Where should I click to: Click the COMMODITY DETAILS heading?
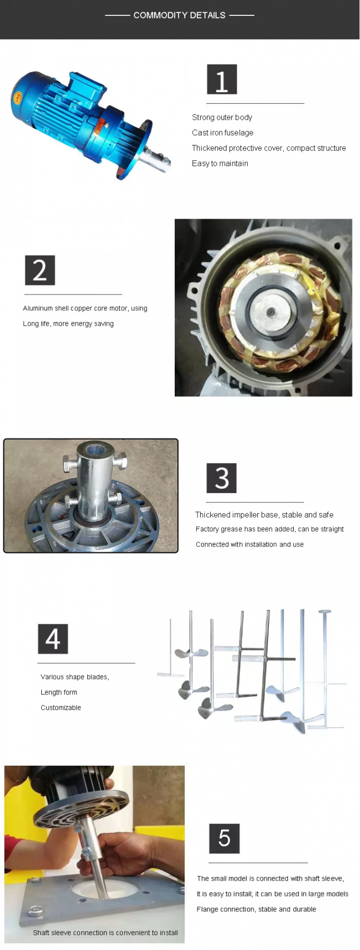179,15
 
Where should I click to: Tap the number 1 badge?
221,79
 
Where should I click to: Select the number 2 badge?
40,270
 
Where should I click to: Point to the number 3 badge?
221,478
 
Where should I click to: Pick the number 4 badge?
52,639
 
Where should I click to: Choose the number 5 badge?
224,838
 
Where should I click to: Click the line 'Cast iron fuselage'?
222,133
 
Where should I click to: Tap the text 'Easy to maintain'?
220,164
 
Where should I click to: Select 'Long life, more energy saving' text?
68,324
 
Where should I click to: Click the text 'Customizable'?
61,707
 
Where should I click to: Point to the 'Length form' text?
59,692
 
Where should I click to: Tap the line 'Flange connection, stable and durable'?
256,909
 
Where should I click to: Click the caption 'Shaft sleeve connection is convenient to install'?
105,933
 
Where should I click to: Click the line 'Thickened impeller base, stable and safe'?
264,515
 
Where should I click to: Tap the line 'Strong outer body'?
222,118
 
